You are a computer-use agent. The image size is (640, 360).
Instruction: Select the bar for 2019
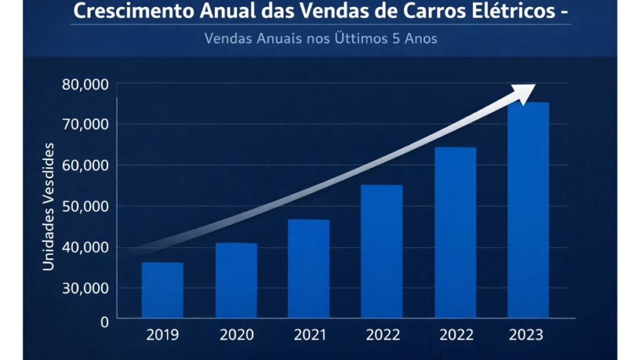(x=162, y=290)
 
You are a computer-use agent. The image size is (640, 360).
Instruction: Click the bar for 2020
(x=236, y=281)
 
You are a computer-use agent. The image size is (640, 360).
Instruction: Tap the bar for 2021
(x=308, y=269)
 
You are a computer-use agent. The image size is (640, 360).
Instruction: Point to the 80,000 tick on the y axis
(x=86, y=84)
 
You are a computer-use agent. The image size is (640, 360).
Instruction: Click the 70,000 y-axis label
(x=86, y=124)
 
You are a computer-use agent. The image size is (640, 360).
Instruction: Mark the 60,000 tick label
(x=86, y=166)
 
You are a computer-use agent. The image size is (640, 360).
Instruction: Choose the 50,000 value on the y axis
(x=86, y=206)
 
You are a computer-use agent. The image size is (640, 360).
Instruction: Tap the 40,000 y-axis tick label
(x=86, y=247)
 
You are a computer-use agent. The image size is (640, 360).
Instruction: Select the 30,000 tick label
(x=86, y=288)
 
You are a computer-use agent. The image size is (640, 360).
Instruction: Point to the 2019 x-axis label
(x=162, y=335)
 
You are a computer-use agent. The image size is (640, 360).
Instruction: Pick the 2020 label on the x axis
(x=236, y=335)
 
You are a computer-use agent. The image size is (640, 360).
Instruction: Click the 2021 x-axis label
(x=309, y=335)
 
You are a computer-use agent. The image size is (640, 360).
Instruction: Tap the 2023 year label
(x=526, y=335)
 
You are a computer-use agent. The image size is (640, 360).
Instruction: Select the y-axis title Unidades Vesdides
(x=48, y=207)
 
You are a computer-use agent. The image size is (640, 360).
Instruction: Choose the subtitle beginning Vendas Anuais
(x=320, y=38)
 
